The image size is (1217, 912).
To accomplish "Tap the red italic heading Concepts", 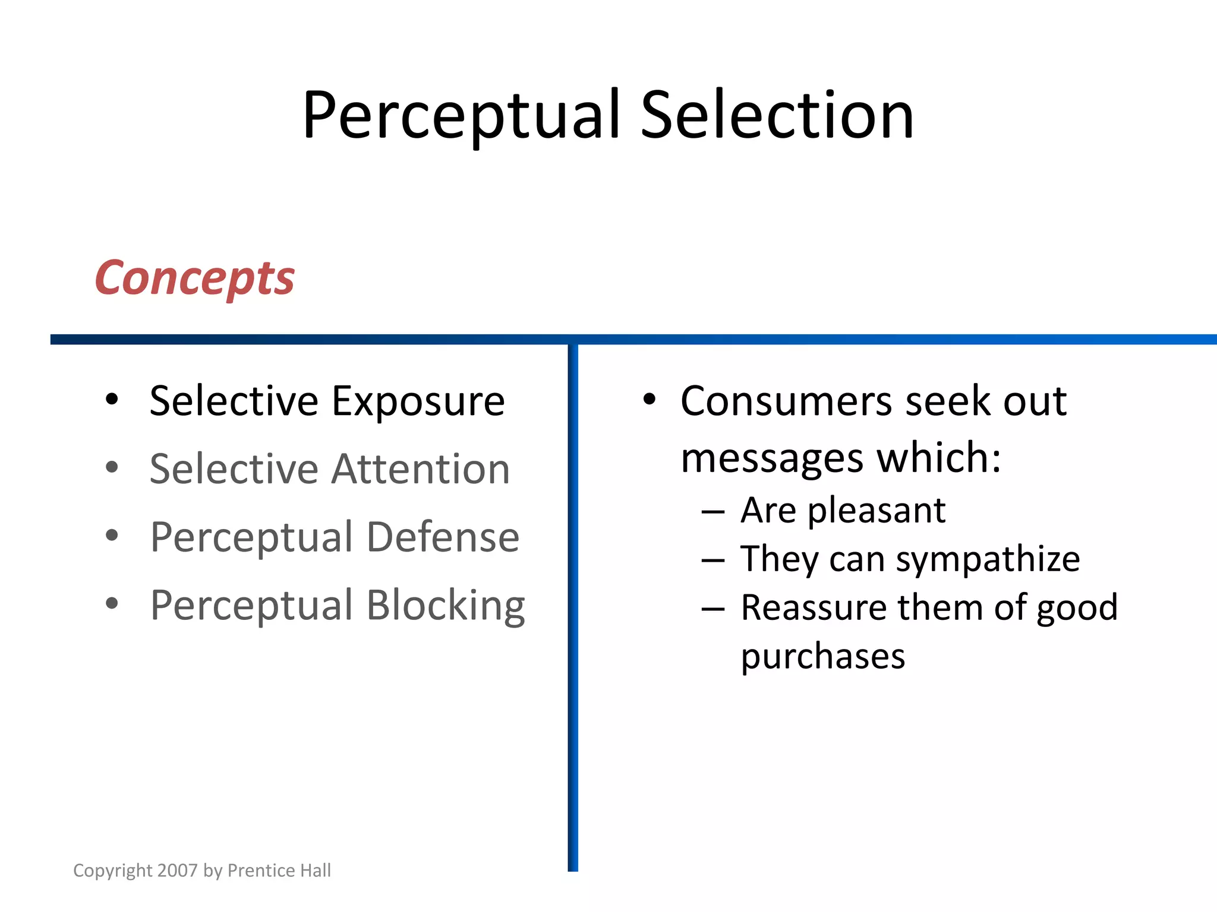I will pyautogui.click(x=194, y=278).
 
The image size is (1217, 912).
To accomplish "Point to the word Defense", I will pyautogui.click(x=443, y=537).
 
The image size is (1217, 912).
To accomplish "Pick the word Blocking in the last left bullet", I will pyautogui.click(x=445, y=606).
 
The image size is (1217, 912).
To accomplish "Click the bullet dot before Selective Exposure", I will pyautogui.click(x=112, y=400).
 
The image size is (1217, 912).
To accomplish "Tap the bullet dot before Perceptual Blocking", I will pyautogui.click(x=112, y=604).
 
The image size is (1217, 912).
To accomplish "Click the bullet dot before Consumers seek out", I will pyautogui.click(x=649, y=400).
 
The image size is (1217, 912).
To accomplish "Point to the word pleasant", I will pyautogui.click(x=876, y=511).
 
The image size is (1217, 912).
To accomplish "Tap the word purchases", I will pyautogui.click(x=823, y=657).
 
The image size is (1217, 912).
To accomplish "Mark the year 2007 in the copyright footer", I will pyautogui.click(x=178, y=870).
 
